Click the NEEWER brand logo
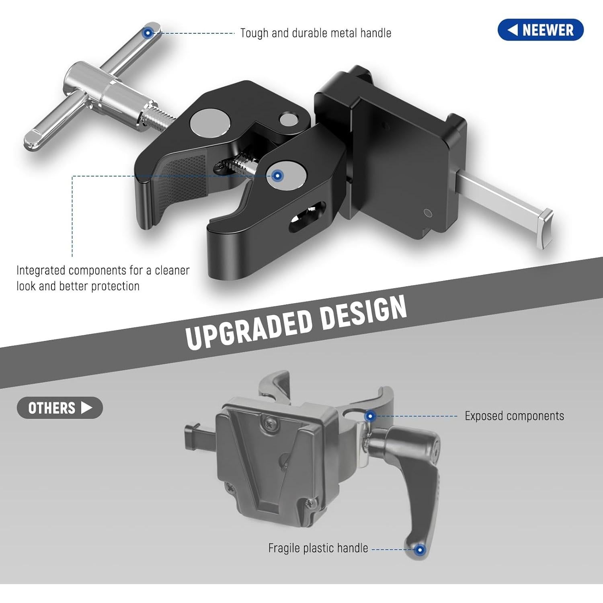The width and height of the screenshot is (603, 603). coord(540,30)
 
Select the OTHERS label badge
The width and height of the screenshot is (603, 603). coord(60,408)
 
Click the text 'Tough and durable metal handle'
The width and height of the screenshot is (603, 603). coord(316,33)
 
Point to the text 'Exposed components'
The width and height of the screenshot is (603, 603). coord(514,416)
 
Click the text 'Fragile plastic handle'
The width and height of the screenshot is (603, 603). coord(318,548)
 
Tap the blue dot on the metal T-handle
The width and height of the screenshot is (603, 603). coord(148,33)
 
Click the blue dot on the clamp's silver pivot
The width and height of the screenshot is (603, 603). coord(277,176)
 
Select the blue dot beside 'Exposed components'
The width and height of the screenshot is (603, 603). coord(371,416)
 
